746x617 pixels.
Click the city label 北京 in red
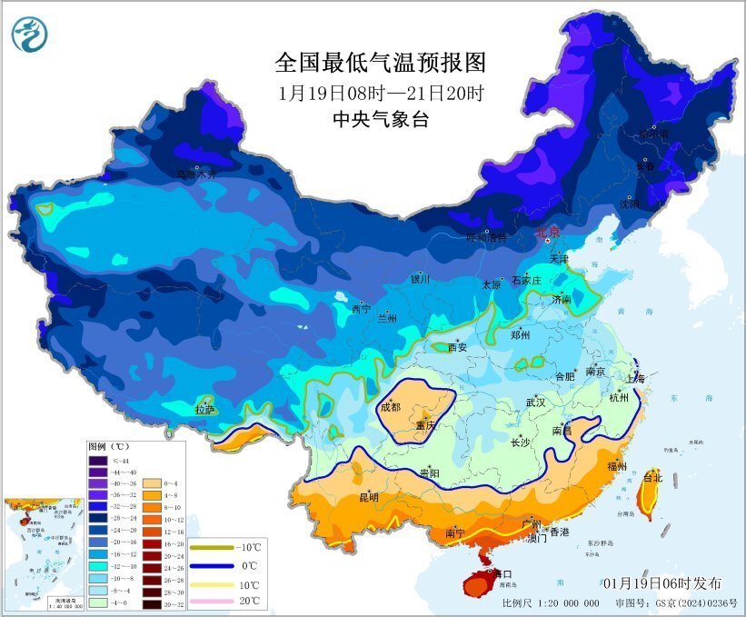point(549,233)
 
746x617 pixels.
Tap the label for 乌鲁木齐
point(197,174)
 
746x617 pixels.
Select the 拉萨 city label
point(206,410)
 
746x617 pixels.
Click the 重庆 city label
point(425,425)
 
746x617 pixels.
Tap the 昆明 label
point(368,497)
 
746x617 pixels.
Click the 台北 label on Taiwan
point(652,476)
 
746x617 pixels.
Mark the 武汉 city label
point(535,403)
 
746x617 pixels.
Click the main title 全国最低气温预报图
point(381,62)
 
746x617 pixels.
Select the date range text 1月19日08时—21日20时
point(381,93)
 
